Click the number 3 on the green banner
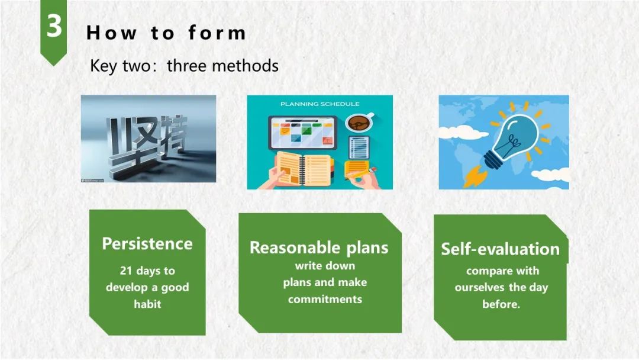coord(54,25)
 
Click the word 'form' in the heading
coord(217,33)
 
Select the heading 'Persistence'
coord(147,244)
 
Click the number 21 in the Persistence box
coord(126,271)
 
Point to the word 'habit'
coord(147,304)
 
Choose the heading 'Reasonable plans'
coord(319,247)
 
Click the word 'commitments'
coord(325,299)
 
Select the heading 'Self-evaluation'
coord(501,249)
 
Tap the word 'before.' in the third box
coord(501,304)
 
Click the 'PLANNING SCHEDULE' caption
coord(320,104)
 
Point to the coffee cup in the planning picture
coord(359,123)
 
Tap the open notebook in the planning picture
coord(304,168)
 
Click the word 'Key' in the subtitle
coord(103,66)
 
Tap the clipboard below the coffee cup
coord(359,147)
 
